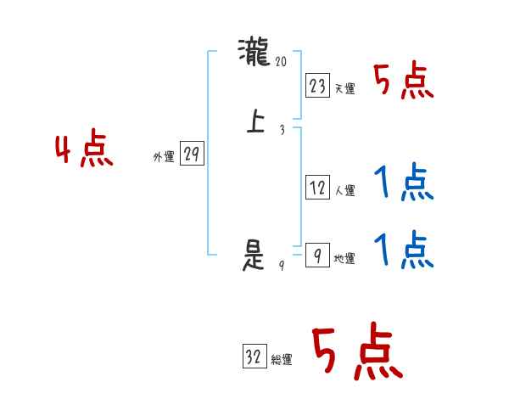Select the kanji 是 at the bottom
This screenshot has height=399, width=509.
(x=255, y=256)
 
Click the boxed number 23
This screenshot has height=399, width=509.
(x=317, y=86)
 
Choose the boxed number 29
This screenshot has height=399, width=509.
(x=192, y=155)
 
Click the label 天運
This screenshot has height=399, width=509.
(x=344, y=88)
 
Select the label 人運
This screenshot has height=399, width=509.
(x=344, y=191)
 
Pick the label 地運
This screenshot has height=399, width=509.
(x=344, y=259)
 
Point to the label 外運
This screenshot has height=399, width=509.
(x=164, y=157)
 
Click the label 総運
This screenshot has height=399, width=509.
(x=282, y=360)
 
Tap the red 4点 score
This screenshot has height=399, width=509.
(x=85, y=151)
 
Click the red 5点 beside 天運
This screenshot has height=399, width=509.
(x=404, y=81)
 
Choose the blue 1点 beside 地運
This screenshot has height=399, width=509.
(x=403, y=250)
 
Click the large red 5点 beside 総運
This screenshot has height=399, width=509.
(x=356, y=352)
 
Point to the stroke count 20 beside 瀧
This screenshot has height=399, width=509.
(x=282, y=60)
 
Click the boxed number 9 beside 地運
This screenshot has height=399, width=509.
(x=317, y=256)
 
